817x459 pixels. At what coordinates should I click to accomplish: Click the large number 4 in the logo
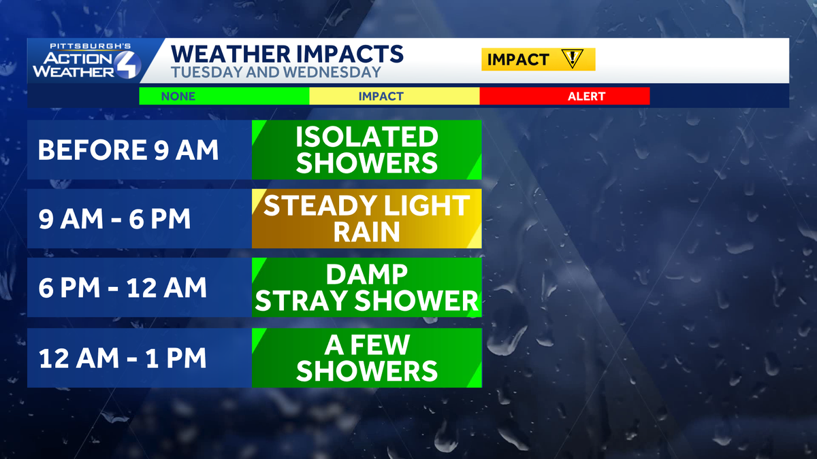(x=128, y=65)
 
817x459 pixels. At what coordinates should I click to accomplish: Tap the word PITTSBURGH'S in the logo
(x=90, y=46)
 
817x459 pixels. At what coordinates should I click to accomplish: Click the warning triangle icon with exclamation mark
(x=573, y=58)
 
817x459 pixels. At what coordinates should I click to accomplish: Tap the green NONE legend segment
(x=224, y=96)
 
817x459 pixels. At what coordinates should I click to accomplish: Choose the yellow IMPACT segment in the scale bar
(x=394, y=96)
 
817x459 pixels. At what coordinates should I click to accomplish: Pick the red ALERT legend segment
(x=564, y=96)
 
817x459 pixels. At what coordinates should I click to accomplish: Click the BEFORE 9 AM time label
(x=128, y=150)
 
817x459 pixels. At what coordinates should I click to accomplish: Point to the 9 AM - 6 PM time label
(x=114, y=218)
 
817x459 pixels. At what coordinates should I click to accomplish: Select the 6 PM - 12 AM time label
(x=123, y=288)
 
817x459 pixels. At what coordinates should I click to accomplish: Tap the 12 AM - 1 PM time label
(x=123, y=358)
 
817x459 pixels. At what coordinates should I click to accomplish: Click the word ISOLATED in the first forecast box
(x=366, y=137)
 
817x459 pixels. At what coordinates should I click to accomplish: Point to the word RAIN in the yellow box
(x=366, y=232)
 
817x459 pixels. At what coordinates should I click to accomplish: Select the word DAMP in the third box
(x=366, y=274)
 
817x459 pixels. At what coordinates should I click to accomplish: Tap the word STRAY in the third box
(x=301, y=301)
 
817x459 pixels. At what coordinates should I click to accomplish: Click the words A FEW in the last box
(x=367, y=345)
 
